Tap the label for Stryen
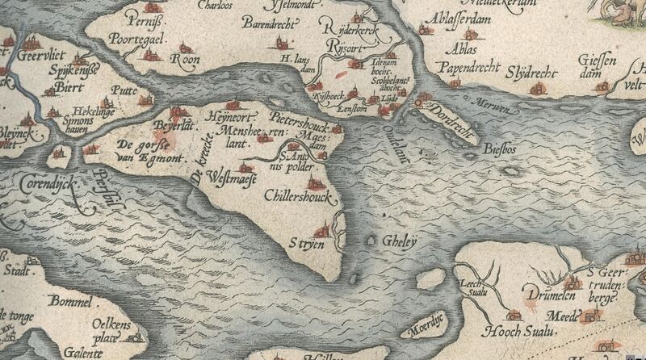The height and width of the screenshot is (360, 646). tap(308, 242)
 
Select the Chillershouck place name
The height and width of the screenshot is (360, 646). tap(298, 195)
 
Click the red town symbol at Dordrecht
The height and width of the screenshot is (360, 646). tap(419, 103)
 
